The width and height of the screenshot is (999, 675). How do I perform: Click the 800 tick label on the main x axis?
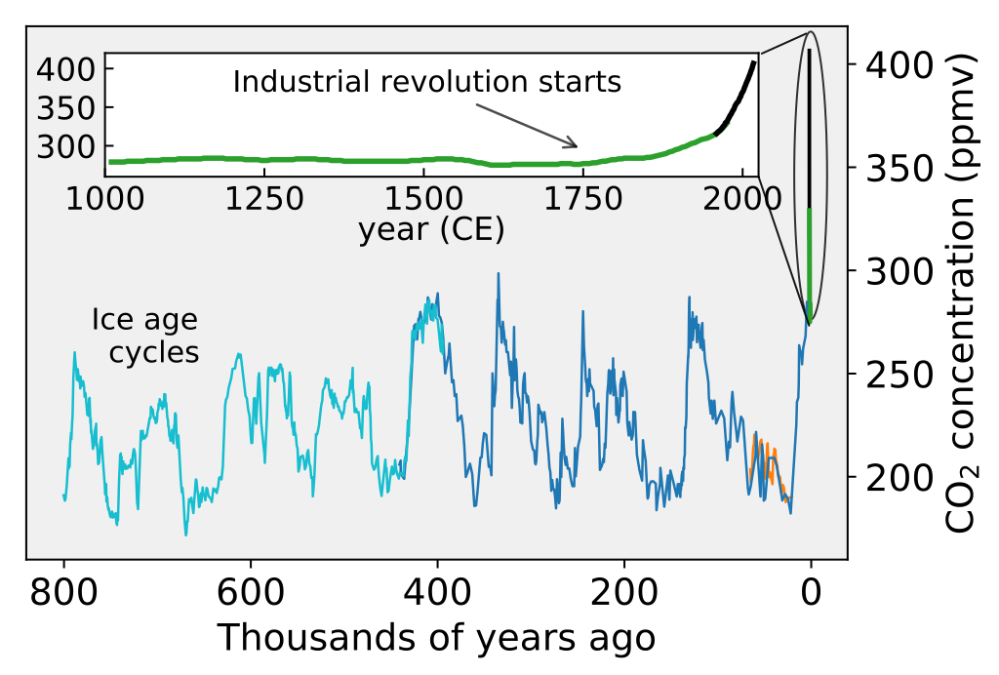click(x=64, y=592)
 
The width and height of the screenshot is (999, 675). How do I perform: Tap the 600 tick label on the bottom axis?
click(x=251, y=592)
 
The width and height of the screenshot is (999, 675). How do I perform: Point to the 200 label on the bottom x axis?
click(x=623, y=592)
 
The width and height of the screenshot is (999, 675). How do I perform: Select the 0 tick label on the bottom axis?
click(x=810, y=592)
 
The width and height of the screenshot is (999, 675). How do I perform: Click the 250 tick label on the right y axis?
click(x=887, y=374)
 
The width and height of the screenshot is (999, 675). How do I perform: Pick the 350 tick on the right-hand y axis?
click(x=887, y=168)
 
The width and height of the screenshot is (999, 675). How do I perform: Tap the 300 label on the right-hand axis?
click(x=887, y=270)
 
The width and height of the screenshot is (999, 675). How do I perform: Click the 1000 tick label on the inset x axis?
click(x=105, y=200)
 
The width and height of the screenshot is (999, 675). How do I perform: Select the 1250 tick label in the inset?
click(x=263, y=200)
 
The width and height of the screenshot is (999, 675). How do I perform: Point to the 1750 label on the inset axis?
click(x=582, y=200)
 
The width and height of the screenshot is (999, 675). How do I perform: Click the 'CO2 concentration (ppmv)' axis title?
click(x=963, y=293)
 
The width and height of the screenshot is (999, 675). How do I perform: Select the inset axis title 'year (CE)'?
click(x=430, y=231)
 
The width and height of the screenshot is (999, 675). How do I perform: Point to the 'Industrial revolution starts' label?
click(x=426, y=82)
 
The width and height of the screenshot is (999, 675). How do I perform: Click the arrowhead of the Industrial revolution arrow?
click(x=576, y=146)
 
